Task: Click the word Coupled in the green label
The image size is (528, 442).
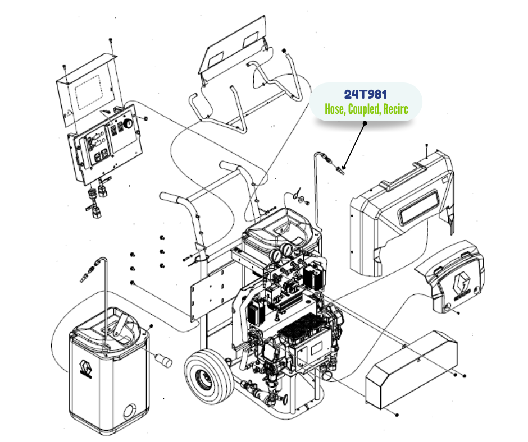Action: coord(363,109)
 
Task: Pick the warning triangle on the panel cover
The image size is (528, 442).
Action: coord(69,113)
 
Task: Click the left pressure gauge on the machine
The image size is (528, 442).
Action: coord(276,255)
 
